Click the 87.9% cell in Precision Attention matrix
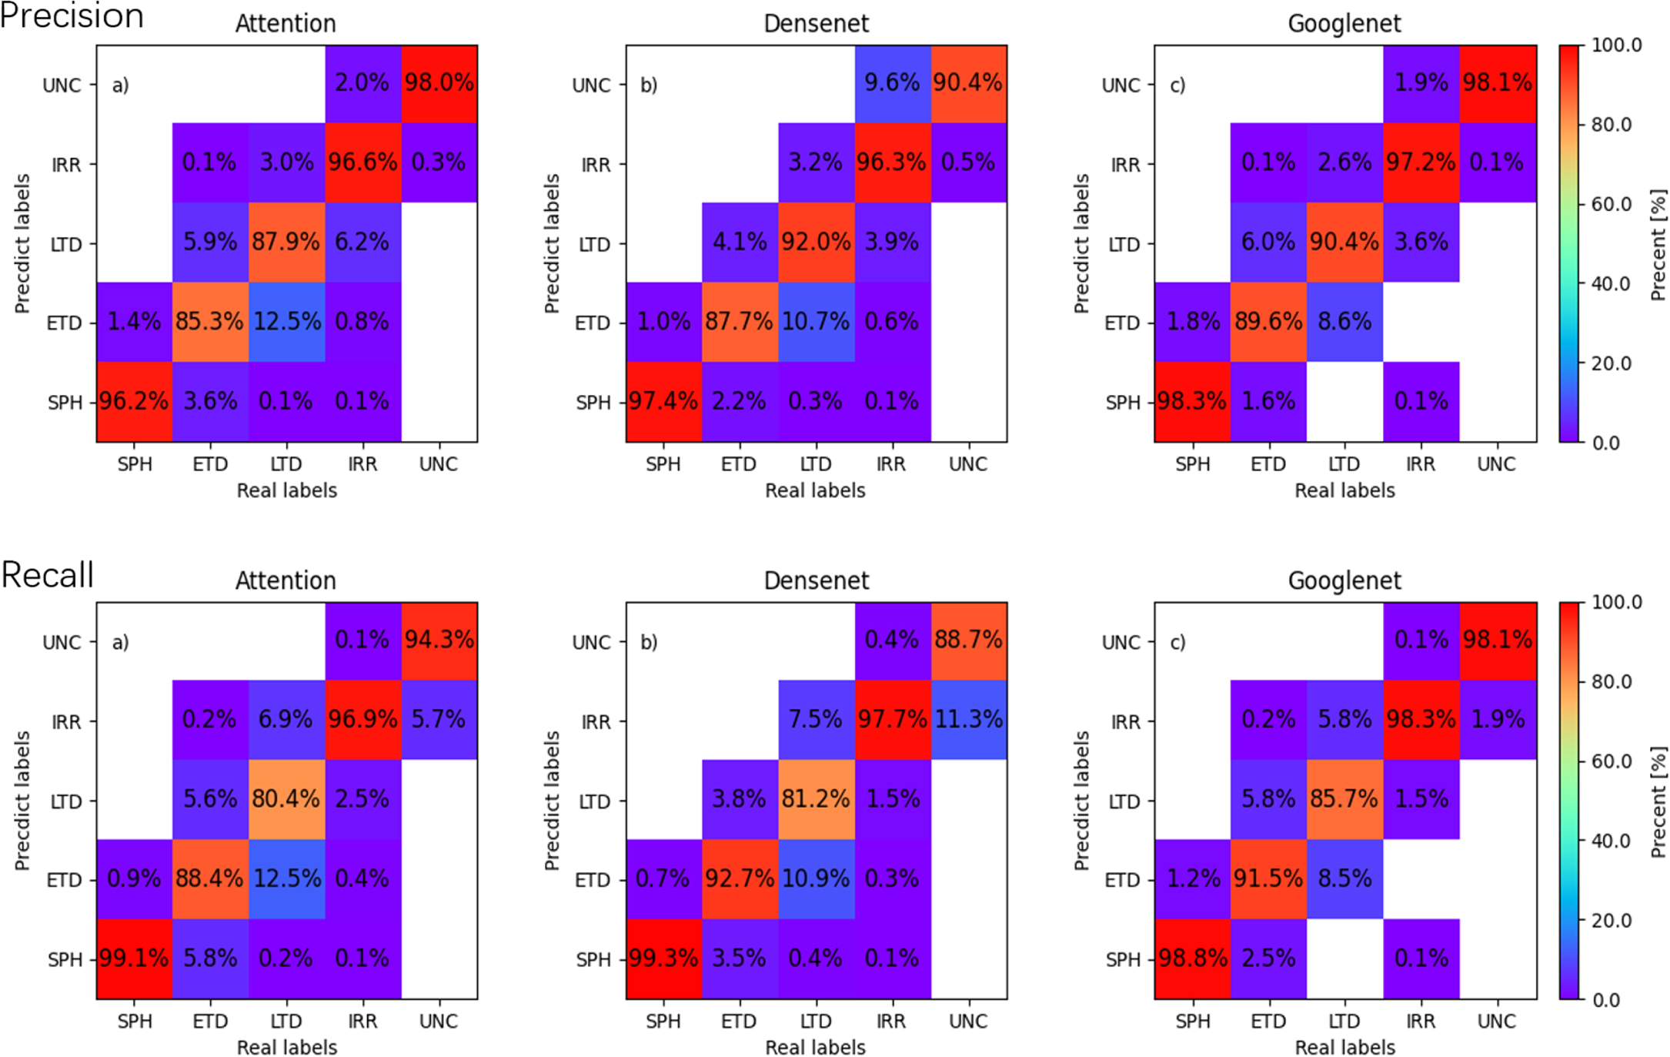(286, 243)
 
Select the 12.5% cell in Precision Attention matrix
(286, 322)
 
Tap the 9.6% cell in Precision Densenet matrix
(892, 83)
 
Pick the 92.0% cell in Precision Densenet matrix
(816, 243)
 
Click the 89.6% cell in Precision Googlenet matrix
(1268, 322)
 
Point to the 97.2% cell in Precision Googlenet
(1421, 162)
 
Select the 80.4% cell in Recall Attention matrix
(286, 799)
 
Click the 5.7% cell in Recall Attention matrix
(439, 720)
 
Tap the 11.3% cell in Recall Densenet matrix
(969, 720)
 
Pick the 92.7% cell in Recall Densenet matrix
(740, 878)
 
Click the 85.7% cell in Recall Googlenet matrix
(1344, 799)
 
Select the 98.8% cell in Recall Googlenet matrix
(1192, 958)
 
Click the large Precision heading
(72, 15)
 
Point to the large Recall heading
(48, 574)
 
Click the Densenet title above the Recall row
(816, 580)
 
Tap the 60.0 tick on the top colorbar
(1612, 204)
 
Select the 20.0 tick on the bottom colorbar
(1612, 921)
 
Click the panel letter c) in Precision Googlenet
(1178, 85)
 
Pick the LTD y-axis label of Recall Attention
(66, 802)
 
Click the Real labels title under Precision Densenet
(815, 490)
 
